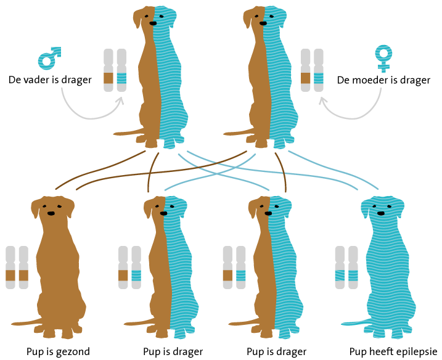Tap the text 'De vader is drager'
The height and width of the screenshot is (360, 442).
click(x=50, y=80)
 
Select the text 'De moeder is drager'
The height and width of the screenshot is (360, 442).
click(x=383, y=80)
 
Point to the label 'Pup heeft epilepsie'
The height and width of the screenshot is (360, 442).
click(x=393, y=352)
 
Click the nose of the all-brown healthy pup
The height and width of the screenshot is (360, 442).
click(x=51, y=213)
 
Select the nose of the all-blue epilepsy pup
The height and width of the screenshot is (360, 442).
click(x=381, y=213)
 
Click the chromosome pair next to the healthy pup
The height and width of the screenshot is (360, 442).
click(x=17, y=267)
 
